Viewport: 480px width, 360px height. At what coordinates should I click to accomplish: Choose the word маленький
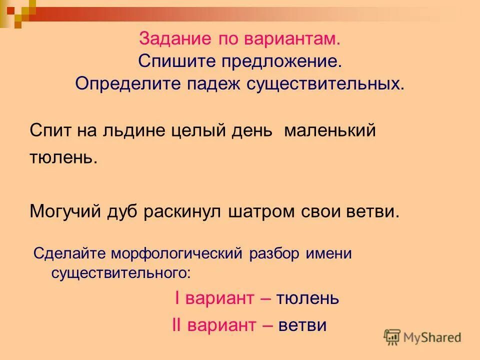click(330, 131)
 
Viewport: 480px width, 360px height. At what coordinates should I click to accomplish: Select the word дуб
click(123, 211)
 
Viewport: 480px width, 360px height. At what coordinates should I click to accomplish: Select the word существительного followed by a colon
click(120, 273)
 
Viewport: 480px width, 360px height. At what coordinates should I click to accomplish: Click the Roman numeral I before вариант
click(177, 298)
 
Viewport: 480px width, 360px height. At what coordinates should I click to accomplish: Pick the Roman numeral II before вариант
click(176, 325)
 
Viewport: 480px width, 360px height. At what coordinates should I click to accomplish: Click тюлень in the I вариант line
click(307, 298)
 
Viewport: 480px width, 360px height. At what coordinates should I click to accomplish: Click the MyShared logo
click(422, 337)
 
